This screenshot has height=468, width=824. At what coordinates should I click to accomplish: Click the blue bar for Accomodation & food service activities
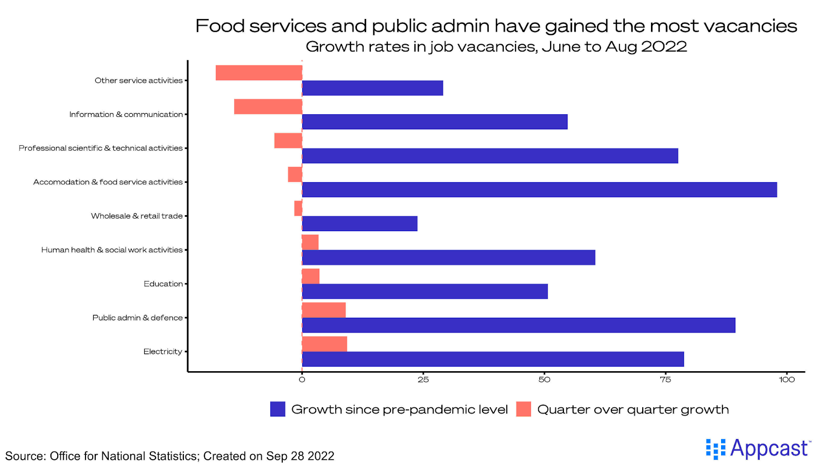539,189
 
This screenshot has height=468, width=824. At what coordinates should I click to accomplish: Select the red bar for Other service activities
259,73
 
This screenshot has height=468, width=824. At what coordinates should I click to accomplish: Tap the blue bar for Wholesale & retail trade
359,223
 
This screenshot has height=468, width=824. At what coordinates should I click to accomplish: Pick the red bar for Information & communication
268,107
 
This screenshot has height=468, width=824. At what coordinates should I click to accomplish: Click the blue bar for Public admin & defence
518,325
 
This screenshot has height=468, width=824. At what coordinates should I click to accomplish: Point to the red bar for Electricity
324,344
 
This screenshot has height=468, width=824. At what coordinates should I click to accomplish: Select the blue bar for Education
425,291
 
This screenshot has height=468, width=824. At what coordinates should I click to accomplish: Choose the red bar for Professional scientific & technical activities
288,141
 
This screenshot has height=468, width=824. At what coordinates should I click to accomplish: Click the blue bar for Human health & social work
449,257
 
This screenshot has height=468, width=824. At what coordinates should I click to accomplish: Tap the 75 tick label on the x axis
665,380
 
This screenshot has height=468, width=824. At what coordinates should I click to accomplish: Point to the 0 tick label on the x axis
302,380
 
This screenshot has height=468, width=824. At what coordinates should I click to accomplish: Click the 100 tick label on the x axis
786,380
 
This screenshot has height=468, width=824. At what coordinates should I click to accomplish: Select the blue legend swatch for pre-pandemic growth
278,409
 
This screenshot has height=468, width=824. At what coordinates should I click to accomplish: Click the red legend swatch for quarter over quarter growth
523,409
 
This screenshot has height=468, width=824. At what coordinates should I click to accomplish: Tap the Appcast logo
758,449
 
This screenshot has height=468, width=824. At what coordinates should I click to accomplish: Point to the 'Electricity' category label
163,352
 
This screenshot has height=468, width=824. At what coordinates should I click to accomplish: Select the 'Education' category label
163,284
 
